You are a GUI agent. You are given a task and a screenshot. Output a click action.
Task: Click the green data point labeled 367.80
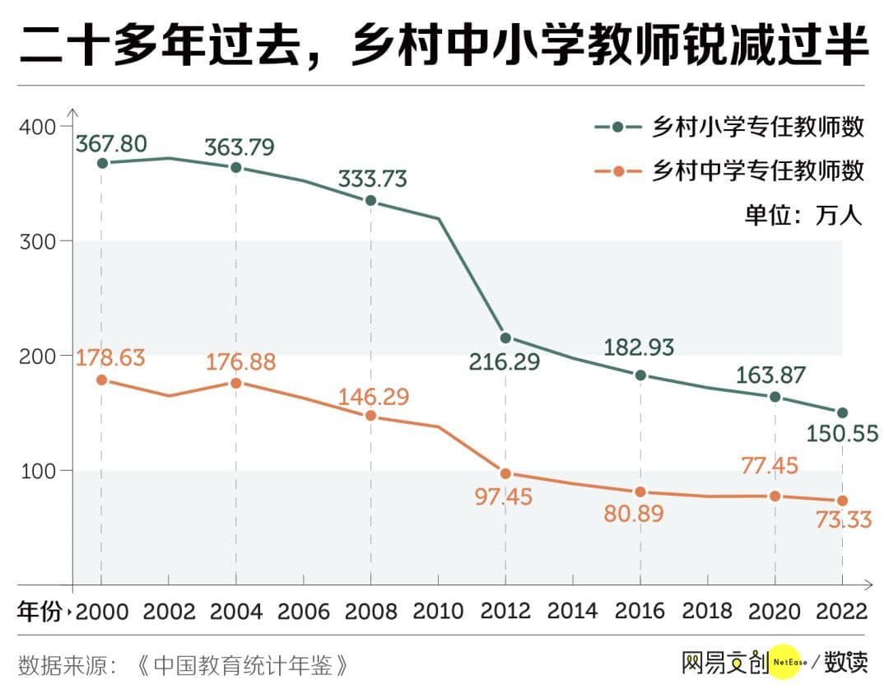click(x=101, y=163)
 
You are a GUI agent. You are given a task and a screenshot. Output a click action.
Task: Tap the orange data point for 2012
click(x=505, y=473)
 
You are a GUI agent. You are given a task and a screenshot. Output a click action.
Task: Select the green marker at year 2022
click(x=842, y=412)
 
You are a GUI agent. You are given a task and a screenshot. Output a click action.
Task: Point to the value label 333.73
click(x=373, y=179)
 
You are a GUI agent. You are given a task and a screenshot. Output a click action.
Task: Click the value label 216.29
click(x=505, y=361)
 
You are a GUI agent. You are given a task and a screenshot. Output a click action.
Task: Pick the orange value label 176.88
click(x=240, y=362)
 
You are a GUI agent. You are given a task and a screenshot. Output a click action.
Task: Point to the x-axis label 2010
click(x=438, y=612)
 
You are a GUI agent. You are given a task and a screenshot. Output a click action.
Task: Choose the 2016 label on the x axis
click(x=640, y=612)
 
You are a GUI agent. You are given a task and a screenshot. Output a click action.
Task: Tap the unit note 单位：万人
click(x=803, y=215)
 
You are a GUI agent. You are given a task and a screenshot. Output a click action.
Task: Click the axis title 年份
click(x=40, y=612)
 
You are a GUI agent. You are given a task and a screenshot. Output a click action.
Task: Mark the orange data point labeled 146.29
click(x=370, y=416)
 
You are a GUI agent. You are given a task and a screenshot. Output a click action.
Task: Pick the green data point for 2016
click(x=640, y=375)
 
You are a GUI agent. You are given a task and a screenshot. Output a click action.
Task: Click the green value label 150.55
click(x=842, y=433)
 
